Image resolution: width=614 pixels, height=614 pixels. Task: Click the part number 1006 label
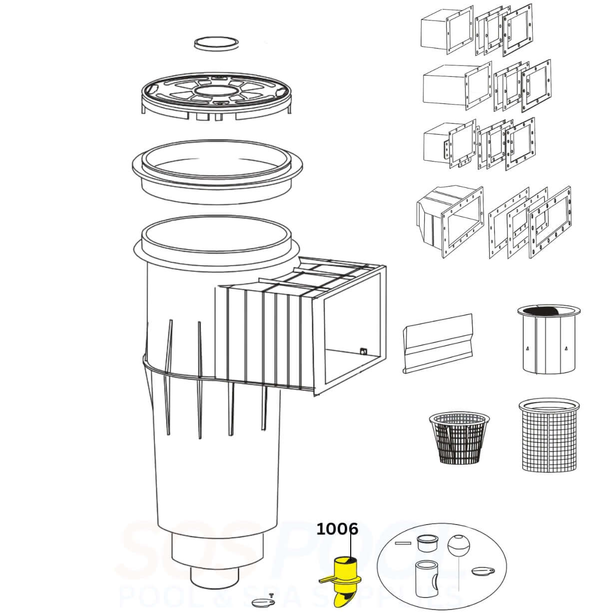click(x=337, y=529)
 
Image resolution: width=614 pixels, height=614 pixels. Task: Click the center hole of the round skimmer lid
click(x=216, y=91)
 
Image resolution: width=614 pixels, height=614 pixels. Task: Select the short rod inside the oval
click(x=402, y=543)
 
